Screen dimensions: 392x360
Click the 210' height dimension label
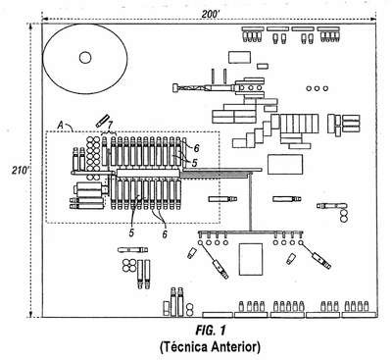pos(21,171)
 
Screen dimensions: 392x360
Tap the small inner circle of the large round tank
pos(85,58)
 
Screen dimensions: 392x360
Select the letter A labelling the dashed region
pos(60,125)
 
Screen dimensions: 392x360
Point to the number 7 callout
pos(110,125)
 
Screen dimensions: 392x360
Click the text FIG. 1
pos(211,331)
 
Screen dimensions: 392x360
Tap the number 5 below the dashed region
pos(131,232)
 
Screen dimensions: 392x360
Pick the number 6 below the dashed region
pos(165,234)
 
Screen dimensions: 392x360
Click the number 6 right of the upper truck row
pos(196,148)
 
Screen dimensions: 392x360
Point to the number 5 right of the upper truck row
pos(195,163)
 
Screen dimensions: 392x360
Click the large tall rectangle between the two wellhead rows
pos(251,259)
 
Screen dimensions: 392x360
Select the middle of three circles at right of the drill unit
pos(317,88)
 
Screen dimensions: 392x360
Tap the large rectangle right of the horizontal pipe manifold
pos(285,164)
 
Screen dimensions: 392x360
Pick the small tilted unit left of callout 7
pos(103,121)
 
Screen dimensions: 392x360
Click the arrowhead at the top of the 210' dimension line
pos(30,26)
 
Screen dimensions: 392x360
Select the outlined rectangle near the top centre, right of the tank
pos(239,57)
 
